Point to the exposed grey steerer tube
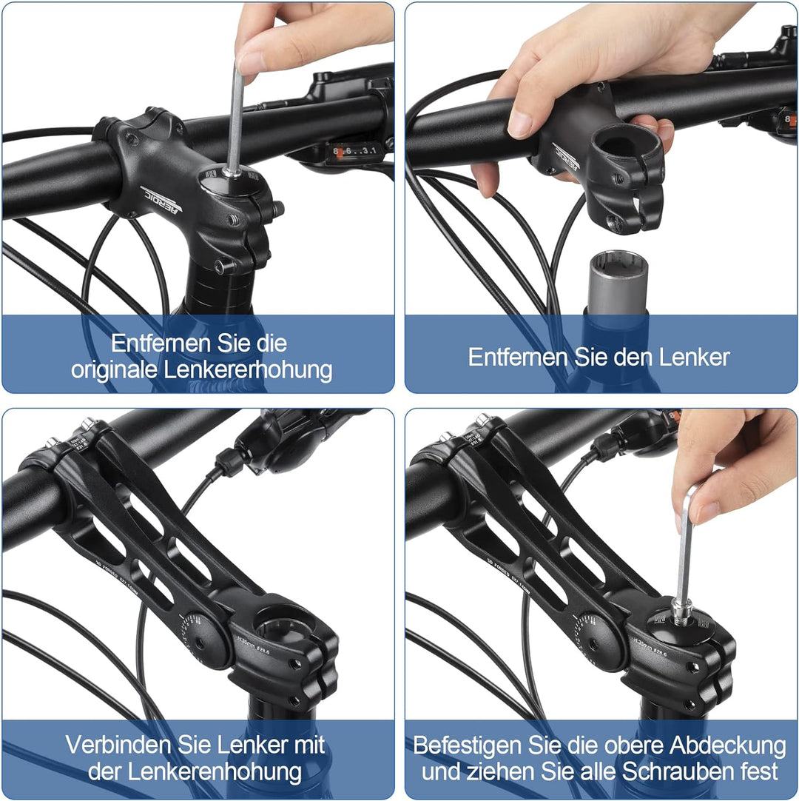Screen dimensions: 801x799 tap(618, 283)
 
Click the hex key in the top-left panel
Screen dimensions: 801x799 tap(235, 118)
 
